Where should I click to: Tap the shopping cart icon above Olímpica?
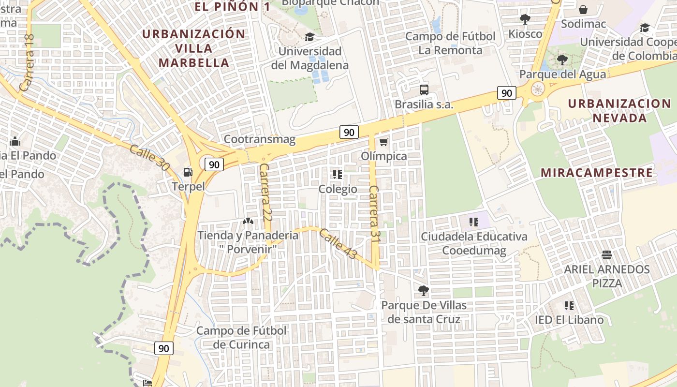pyautogui.click(x=383, y=142)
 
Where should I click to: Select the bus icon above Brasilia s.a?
pyautogui.click(x=424, y=89)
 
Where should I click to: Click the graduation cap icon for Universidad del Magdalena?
pyautogui.click(x=309, y=37)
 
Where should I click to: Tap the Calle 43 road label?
pyautogui.click(x=338, y=243)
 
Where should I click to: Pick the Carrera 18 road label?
pyautogui.click(x=27, y=63)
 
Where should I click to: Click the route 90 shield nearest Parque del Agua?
pyautogui.click(x=506, y=93)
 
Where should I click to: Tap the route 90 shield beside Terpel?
pyautogui.click(x=214, y=164)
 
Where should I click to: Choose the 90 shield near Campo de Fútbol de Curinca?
pyautogui.click(x=164, y=348)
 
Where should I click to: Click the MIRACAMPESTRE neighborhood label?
pyautogui.click(x=596, y=173)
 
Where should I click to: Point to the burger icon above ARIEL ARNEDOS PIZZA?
pyautogui.click(x=607, y=255)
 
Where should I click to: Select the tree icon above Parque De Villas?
pyautogui.click(x=424, y=291)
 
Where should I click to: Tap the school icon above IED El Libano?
pyautogui.click(x=569, y=306)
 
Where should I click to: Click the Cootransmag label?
pyautogui.click(x=259, y=140)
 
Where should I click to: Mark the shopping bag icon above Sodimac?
pyautogui.click(x=583, y=10)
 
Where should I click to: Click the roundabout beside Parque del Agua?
pyautogui.click(x=537, y=89)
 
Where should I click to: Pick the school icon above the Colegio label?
pyautogui.click(x=338, y=174)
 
